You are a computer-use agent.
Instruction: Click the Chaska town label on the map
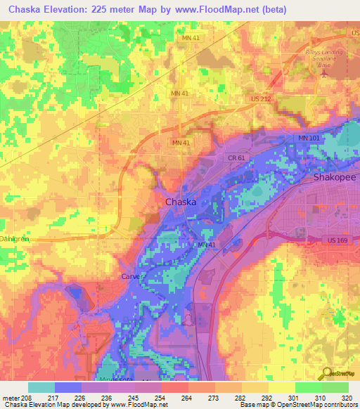[180, 202]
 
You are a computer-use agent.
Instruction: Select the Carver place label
[131, 277]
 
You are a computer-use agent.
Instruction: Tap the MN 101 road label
[309, 138]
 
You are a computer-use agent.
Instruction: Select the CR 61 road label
[236, 159]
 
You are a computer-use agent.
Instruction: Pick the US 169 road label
[337, 240]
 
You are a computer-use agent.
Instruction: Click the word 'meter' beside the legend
[11, 397]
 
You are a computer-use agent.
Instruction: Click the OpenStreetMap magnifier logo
[326, 375]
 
